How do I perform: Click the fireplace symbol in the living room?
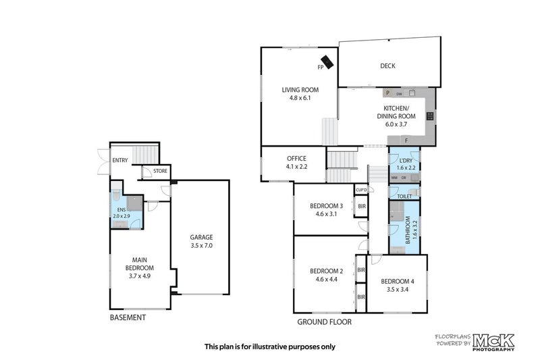pos(327,61)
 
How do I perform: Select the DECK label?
pos(387,66)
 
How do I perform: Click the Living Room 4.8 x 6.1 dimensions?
pos(300,98)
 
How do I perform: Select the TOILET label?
pos(405,196)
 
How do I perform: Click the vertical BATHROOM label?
pos(407,229)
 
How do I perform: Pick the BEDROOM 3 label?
pos(327,206)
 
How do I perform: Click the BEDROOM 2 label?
pos(327,271)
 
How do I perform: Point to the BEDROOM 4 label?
pos(398,281)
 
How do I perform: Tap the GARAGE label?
pos(201,237)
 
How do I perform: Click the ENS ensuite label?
pos(122,210)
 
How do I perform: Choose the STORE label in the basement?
pos(160,171)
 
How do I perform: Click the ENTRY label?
pos(120,160)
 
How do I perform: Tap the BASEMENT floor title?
pos(128,317)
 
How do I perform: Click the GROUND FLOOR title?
pos(325,322)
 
